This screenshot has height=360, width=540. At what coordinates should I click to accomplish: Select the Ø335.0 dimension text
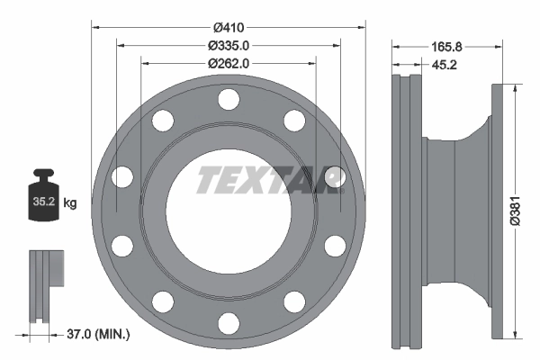(x=229, y=44)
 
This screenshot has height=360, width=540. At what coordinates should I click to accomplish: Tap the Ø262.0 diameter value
(x=229, y=63)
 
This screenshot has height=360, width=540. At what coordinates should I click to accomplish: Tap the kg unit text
(x=69, y=203)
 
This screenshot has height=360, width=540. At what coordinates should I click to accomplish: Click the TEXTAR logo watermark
(x=269, y=180)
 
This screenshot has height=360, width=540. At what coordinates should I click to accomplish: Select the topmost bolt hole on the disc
(x=229, y=97)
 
